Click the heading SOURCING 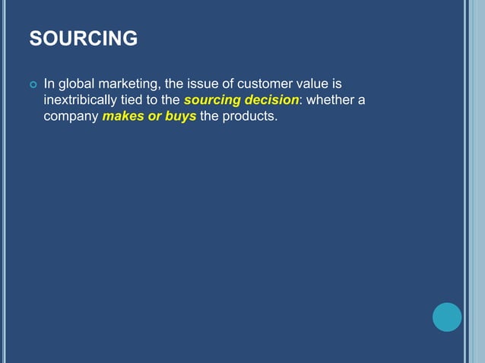coord(84,38)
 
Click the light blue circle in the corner coord(447,317)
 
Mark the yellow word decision coord(271,100)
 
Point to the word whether coord(331,100)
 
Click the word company coord(71,117)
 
